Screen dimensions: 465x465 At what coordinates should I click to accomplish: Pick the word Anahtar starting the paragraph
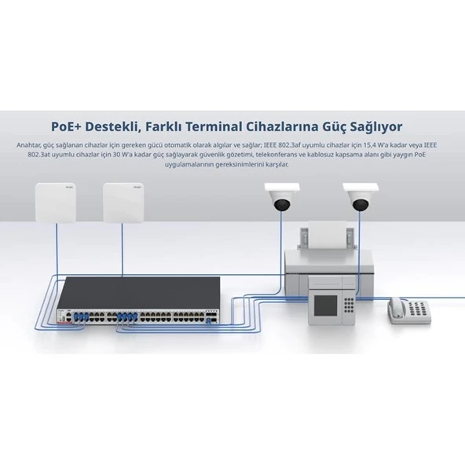[x=29, y=145]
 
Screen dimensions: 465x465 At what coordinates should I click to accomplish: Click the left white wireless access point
[x=56, y=203]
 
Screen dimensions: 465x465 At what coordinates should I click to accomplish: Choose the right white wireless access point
[x=123, y=203]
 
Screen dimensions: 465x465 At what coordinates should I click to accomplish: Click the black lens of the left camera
[x=282, y=205]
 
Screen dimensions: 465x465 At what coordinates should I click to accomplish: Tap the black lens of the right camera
[x=361, y=205]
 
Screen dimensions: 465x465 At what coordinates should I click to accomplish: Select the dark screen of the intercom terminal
[x=326, y=306]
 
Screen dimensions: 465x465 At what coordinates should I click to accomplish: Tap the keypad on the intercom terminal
[x=349, y=305]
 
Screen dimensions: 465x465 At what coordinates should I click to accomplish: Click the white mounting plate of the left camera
[x=282, y=188]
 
